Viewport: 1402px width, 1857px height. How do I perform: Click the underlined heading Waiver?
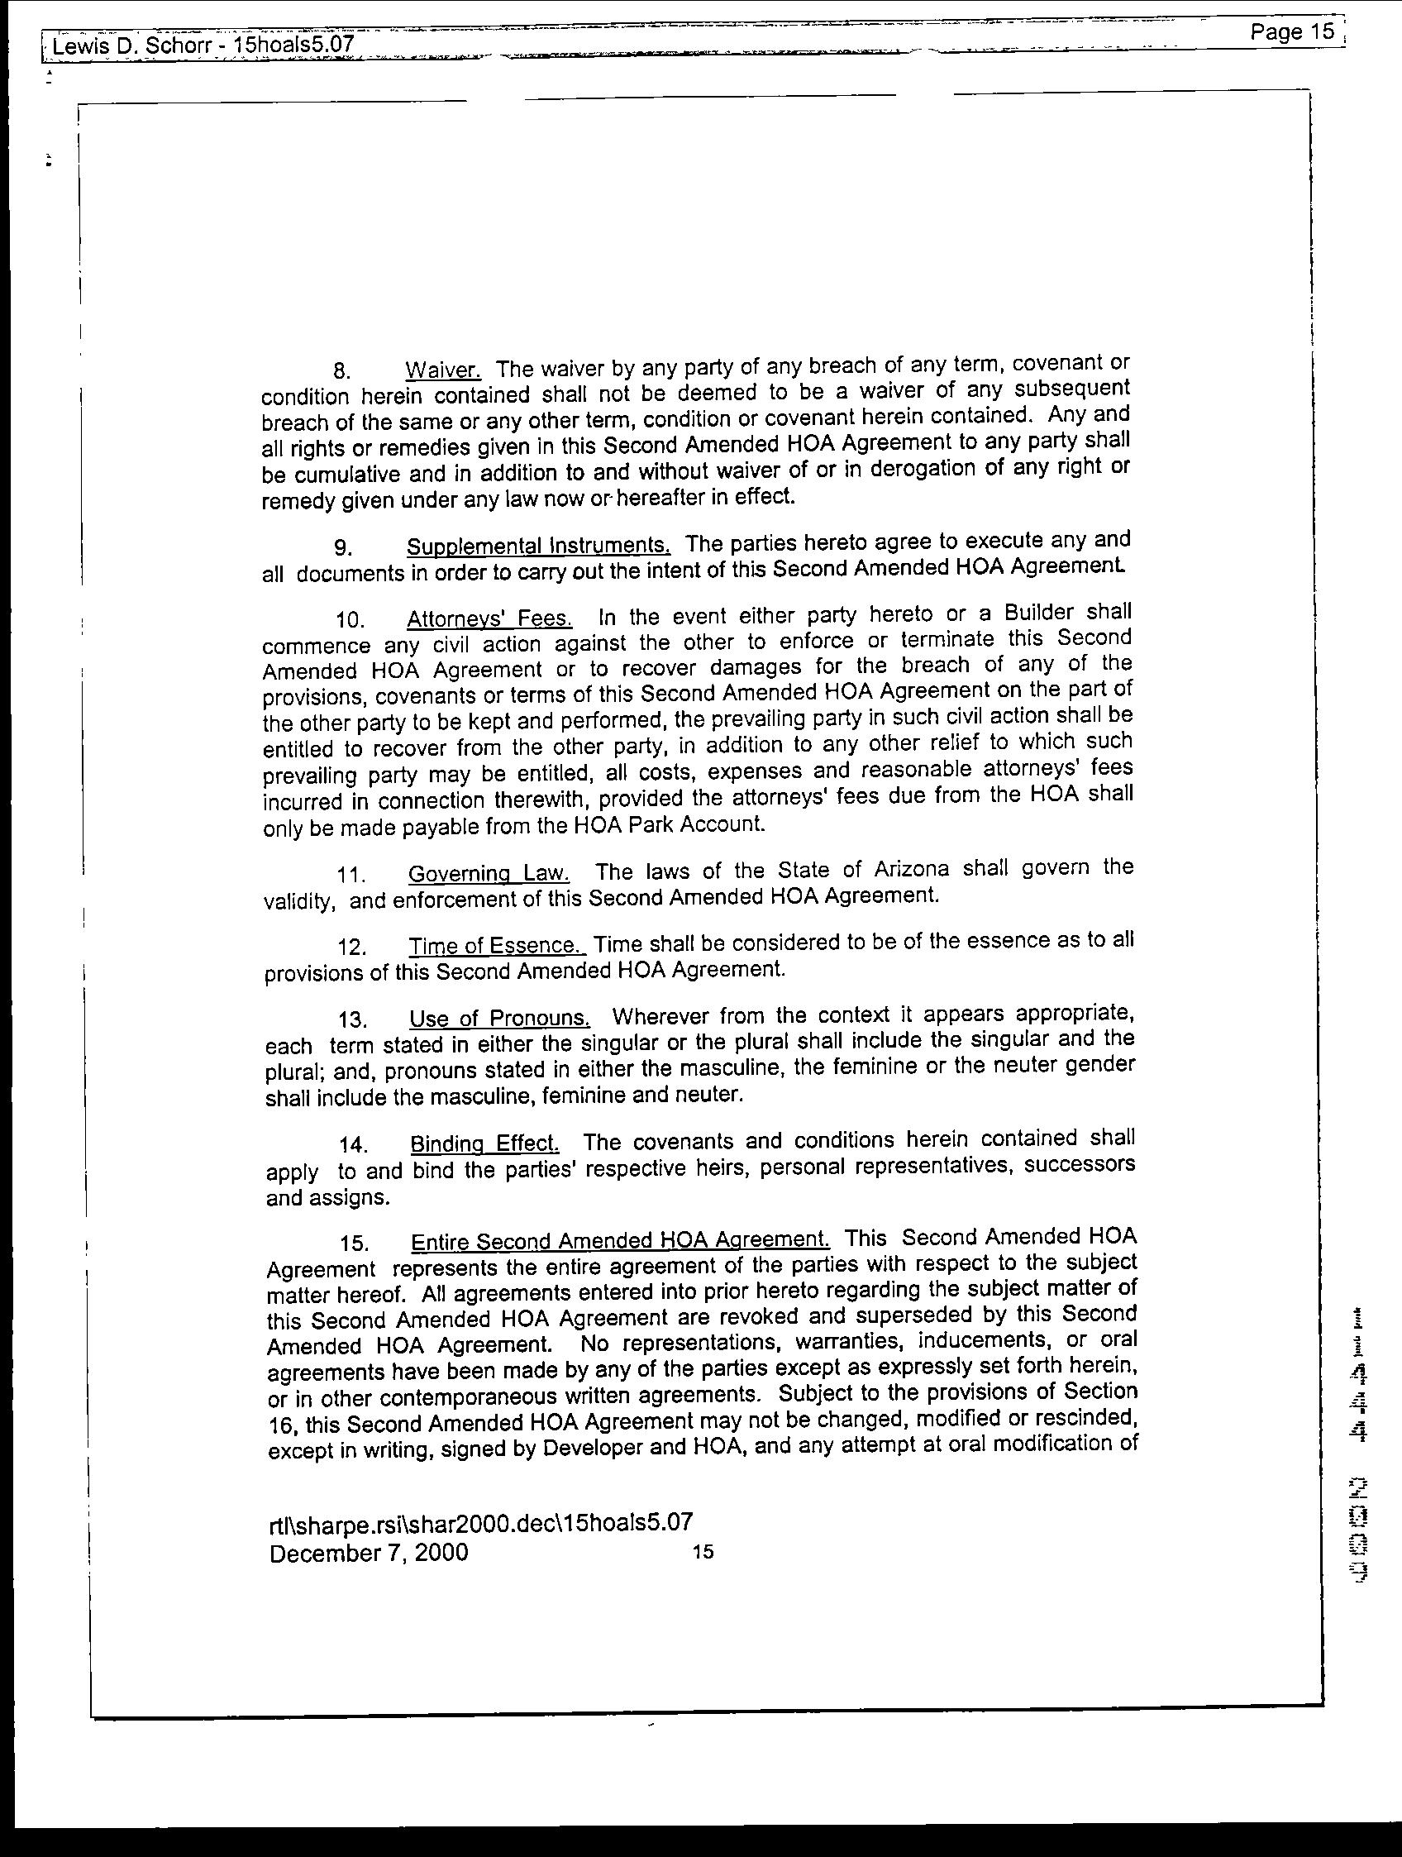pos(442,370)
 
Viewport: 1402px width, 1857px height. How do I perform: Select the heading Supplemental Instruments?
pos(538,546)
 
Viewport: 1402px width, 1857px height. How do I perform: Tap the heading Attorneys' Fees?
pos(489,618)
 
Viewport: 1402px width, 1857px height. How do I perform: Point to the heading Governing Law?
pos(489,873)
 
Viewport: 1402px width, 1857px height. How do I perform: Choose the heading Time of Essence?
pos(496,945)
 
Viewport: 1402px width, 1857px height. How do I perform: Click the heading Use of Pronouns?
pos(499,1019)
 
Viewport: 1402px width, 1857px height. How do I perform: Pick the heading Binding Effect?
pos(484,1143)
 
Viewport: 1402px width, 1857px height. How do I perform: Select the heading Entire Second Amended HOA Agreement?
pos(619,1240)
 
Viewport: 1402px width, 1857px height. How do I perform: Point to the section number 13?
pos(353,1020)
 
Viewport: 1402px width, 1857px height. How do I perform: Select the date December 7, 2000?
pos(369,1552)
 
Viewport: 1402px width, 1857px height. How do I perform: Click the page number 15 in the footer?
pos(703,1552)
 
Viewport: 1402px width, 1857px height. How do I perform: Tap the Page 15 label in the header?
pos(1291,33)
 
